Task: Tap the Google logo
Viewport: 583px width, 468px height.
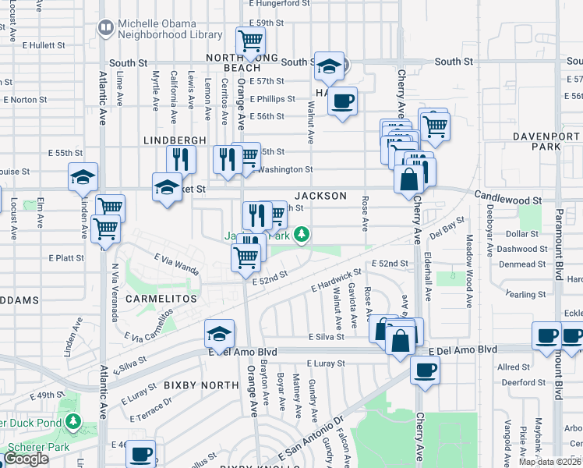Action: tap(26, 459)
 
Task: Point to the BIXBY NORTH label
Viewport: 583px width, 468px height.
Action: tap(201, 385)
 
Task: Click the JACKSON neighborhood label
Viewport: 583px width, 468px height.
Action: tap(320, 196)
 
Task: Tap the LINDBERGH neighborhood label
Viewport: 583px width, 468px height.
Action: tap(175, 140)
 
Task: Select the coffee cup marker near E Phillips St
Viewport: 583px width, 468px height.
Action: tap(342, 101)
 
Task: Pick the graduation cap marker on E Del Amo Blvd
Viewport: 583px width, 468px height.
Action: tap(220, 333)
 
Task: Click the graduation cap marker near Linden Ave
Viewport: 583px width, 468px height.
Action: tap(83, 177)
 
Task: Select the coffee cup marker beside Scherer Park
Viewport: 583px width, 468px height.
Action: tap(141, 453)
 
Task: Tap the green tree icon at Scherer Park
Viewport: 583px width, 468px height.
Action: tap(73, 422)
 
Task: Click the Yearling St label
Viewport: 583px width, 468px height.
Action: tap(525, 294)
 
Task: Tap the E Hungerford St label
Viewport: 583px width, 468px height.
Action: tap(279, 4)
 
